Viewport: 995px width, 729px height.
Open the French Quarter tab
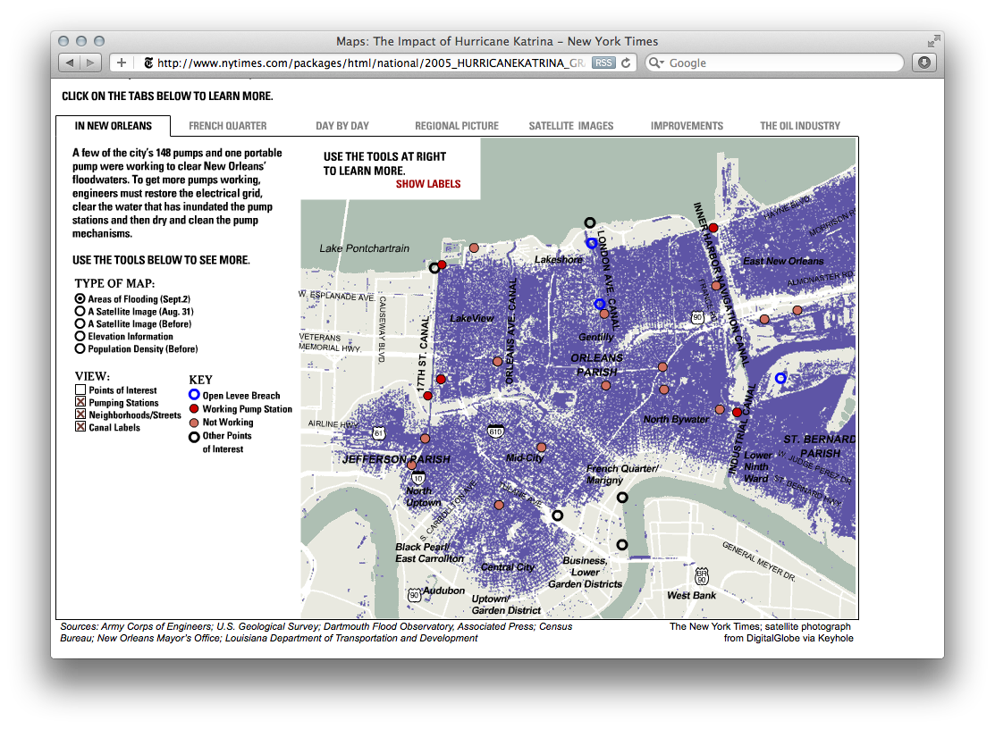pos(227,126)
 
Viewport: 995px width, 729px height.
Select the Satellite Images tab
pos(570,126)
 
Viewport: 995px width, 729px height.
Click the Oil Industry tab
pos(800,126)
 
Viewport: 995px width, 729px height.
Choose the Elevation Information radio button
pos(80,337)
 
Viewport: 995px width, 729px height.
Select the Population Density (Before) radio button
pos(80,349)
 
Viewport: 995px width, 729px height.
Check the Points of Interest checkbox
pos(80,390)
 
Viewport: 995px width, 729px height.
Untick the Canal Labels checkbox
pos(80,428)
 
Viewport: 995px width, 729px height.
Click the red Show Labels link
pos(428,184)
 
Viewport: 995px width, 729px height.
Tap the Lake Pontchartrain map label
pos(364,248)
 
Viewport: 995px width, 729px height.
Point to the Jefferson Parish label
pos(396,459)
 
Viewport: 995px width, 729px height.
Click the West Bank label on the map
pos(691,595)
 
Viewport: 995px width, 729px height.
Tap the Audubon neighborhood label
pos(443,591)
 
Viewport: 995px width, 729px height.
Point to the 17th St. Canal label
pos(424,354)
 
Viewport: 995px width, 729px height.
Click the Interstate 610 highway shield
pos(496,432)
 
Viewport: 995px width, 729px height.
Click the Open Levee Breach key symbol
pos(194,396)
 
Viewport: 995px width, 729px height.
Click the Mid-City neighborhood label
pos(525,458)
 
